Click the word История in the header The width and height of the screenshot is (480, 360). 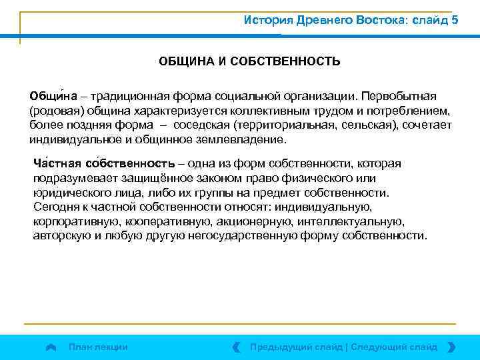(266, 19)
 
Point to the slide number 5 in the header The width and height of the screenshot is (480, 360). (455, 19)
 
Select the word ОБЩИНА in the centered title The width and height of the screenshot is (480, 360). (182, 62)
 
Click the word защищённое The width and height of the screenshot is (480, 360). (159, 178)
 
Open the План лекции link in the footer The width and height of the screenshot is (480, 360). (99, 347)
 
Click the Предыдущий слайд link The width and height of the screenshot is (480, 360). (296, 347)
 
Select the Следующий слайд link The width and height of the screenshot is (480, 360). (394, 347)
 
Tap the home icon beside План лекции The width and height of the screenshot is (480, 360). (51, 347)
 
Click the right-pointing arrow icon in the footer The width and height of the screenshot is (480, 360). (451, 347)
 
